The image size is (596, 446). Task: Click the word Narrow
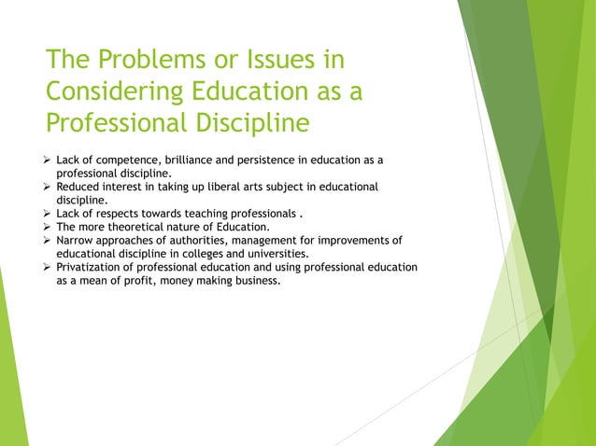pos(78,240)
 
